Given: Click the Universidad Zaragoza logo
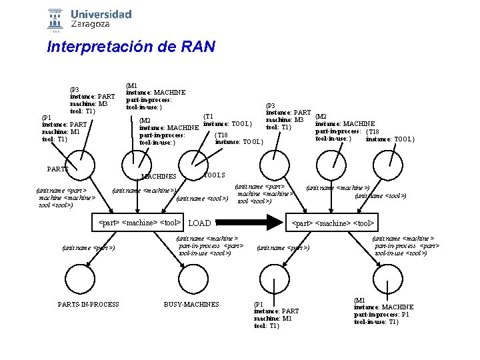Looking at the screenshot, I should pyautogui.click(x=89, y=19).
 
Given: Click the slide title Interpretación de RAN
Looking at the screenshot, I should pyautogui.click(x=131, y=47).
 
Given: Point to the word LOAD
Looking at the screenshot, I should pyautogui.click(x=200, y=223).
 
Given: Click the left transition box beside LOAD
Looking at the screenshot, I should pyautogui.click(x=139, y=222).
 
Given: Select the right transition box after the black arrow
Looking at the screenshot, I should pyautogui.click(x=331, y=222).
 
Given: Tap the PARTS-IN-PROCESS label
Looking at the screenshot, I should pyautogui.click(x=89, y=305).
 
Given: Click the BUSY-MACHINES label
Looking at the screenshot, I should pyautogui.click(x=191, y=305).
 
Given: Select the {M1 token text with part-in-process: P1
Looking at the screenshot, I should pyautogui.click(x=383, y=311).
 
